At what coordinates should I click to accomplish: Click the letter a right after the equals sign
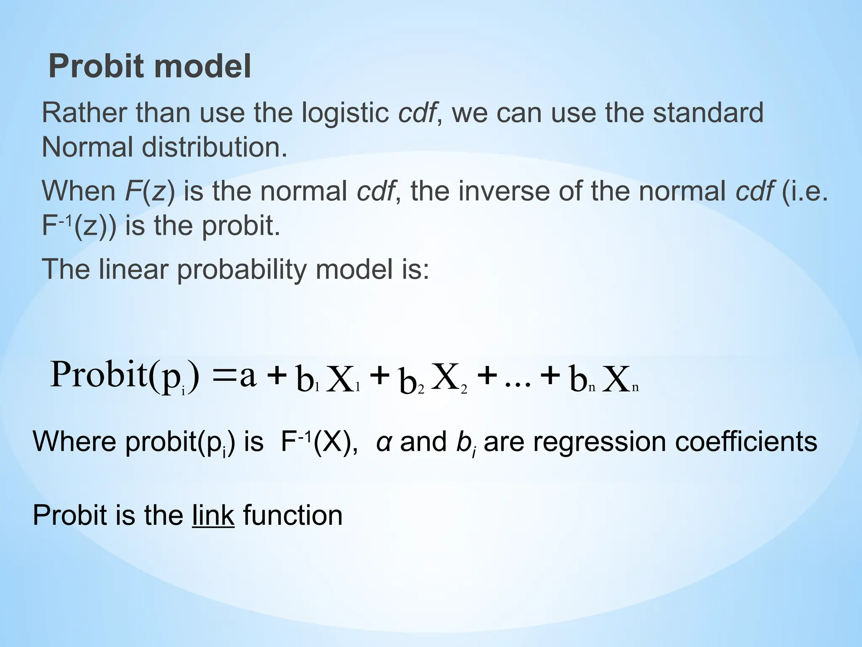click(x=248, y=376)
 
